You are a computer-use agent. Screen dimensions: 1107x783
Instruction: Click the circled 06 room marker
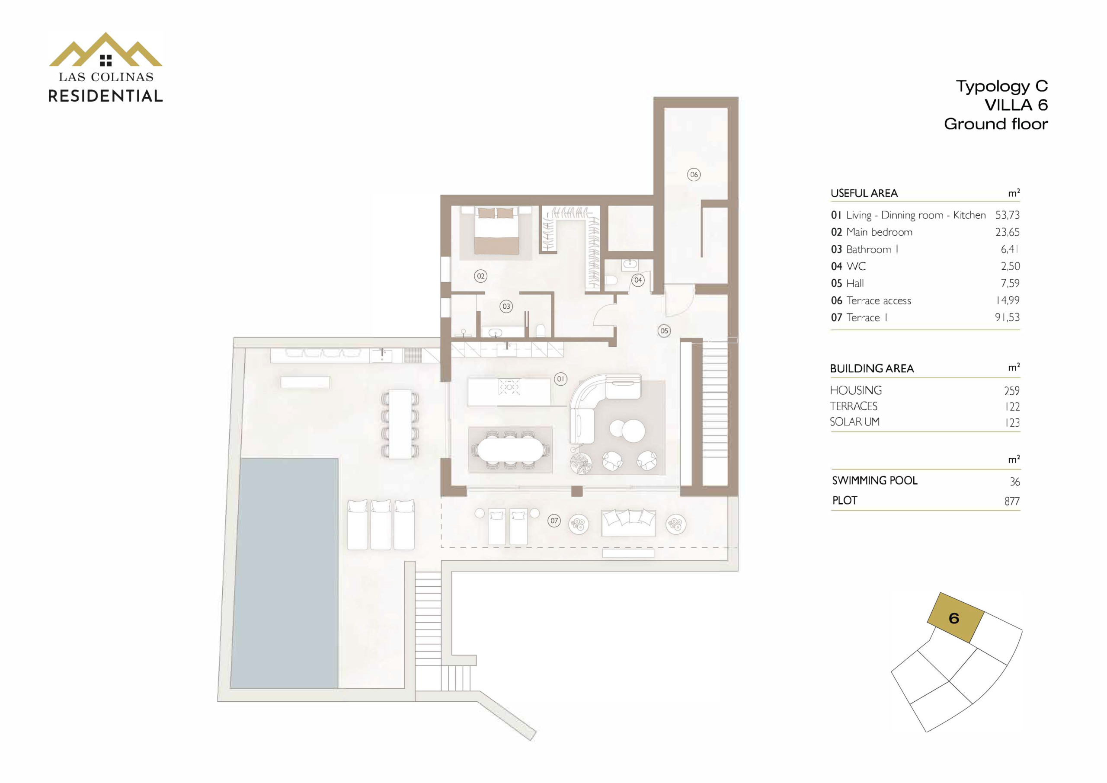click(693, 175)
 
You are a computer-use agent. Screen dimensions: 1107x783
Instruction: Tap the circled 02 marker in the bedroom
click(480, 276)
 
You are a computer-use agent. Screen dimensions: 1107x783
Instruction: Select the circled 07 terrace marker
click(554, 521)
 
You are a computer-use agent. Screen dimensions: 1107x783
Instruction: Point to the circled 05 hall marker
click(664, 331)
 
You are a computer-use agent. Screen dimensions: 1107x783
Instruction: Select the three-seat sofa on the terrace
click(628, 523)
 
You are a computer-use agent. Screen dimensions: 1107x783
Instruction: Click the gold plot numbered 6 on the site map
click(956, 618)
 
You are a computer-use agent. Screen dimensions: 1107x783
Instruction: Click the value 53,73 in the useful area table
click(1007, 215)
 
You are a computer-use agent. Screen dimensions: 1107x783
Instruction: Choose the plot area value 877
click(1012, 502)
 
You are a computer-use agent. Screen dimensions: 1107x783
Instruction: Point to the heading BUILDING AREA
click(872, 369)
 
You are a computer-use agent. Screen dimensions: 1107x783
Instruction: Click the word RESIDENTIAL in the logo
click(106, 96)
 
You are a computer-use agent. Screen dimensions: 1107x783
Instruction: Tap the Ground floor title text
click(995, 124)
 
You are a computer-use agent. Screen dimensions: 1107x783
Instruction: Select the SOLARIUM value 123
click(1012, 423)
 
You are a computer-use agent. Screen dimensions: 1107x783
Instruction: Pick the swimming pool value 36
click(1014, 482)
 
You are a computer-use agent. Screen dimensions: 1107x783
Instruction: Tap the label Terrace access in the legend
click(878, 301)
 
